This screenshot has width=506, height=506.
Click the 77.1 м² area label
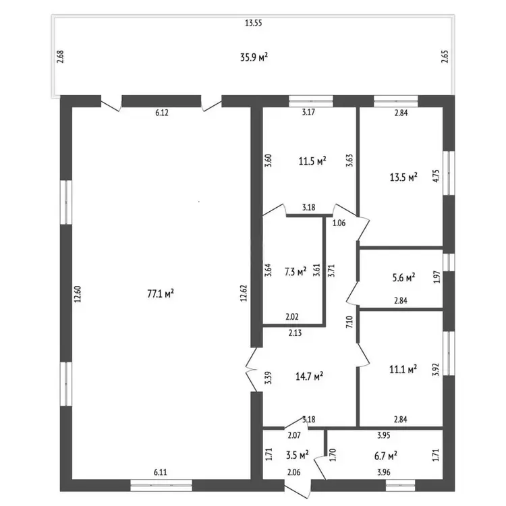tap(161, 293)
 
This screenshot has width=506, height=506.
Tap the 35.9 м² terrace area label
tap(254, 57)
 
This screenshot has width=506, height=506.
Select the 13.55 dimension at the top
tap(253, 23)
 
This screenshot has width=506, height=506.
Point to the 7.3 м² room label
tap(296, 272)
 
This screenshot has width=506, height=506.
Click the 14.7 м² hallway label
tap(310, 376)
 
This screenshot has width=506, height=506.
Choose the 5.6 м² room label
tap(403, 277)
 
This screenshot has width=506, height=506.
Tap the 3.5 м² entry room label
tap(298, 455)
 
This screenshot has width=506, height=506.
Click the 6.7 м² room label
tap(386, 455)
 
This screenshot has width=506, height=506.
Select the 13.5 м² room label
tap(403, 177)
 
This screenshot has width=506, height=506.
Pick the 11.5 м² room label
tap(312, 161)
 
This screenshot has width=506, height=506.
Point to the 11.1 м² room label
tap(403, 369)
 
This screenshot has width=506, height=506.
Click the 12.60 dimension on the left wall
tap(78, 294)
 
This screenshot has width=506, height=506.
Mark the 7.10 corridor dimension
tap(349, 322)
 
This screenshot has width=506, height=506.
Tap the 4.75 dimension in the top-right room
tap(436, 176)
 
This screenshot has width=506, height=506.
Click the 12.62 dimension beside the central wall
tap(244, 293)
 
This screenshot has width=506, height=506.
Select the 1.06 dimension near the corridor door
tap(339, 223)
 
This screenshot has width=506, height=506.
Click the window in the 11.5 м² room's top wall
tap(310, 101)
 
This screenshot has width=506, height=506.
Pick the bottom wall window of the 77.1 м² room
tap(161, 485)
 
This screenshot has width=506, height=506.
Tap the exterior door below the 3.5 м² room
tap(298, 488)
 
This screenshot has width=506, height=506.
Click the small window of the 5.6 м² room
tap(449, 262)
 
